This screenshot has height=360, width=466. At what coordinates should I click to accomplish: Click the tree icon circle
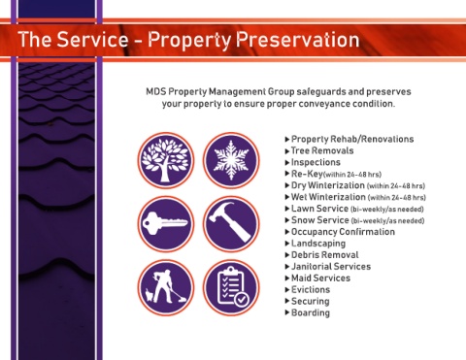166,160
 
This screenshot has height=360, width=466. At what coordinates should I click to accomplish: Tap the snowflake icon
231,160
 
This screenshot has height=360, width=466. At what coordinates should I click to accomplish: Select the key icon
166,224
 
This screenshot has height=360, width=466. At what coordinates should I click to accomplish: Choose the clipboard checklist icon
231,287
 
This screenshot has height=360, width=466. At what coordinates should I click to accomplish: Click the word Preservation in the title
297,40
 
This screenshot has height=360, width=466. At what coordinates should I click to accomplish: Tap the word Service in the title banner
92,40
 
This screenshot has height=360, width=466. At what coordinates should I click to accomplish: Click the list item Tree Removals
322,150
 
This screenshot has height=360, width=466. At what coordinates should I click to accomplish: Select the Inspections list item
316,162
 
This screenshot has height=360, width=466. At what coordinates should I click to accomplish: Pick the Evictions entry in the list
311,289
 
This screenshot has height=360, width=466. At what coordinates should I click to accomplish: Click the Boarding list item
311,312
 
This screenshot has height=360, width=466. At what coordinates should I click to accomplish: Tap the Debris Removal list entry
324,255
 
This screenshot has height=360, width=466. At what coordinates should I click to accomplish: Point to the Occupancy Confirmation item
343,232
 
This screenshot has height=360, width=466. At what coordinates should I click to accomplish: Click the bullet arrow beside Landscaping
287,244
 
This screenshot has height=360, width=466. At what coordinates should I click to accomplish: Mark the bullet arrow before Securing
287,301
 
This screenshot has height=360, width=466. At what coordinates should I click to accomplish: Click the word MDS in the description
155,91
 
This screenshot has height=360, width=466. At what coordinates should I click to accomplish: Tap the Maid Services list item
320,278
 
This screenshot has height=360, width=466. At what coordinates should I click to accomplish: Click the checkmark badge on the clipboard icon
241,300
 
